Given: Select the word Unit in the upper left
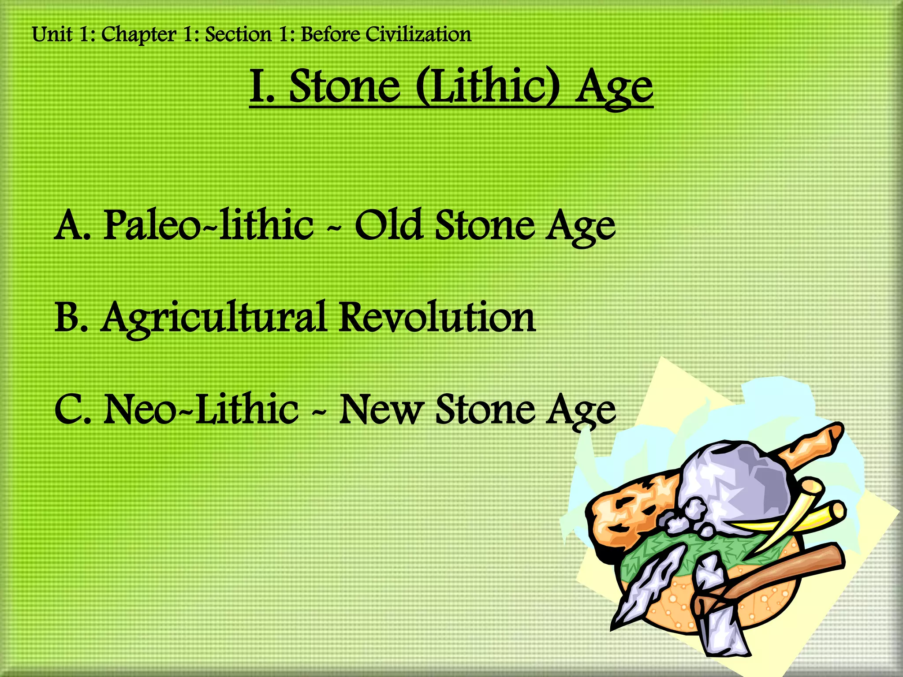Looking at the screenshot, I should pos(52,34).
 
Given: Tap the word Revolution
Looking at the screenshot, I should pos(437,317).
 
